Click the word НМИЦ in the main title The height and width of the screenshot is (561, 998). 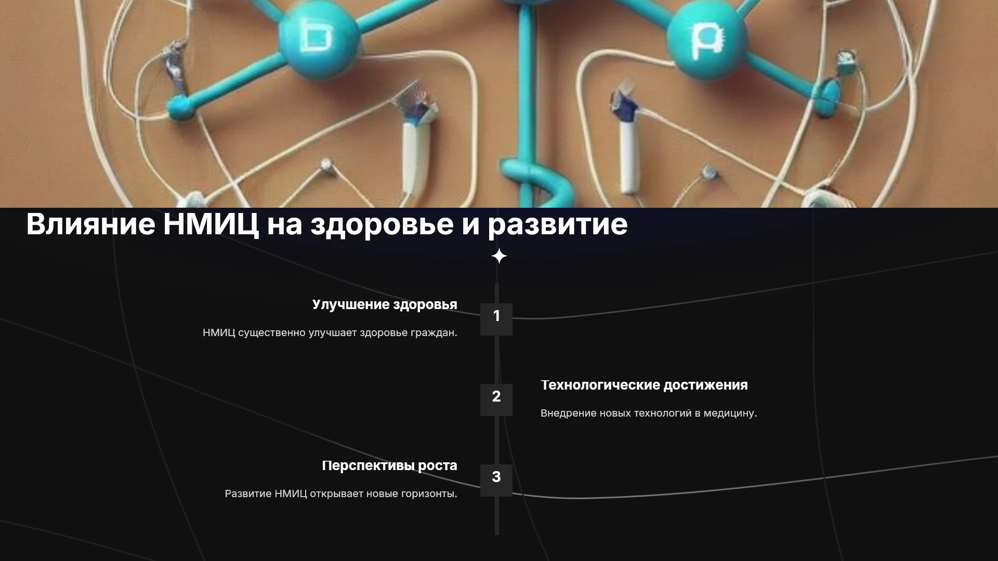(211, 224)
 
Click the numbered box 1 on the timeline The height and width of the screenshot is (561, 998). (496, 319)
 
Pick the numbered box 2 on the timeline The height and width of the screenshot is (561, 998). (496, 400)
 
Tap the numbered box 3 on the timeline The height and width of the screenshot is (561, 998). (496, 480)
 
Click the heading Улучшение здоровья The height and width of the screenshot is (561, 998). (385, 305)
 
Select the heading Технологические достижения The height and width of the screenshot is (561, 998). (644, 385)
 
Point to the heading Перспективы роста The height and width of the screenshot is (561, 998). (389, 466)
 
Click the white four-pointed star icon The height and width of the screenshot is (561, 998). (499, 256)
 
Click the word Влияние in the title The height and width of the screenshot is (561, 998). (90, 224)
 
